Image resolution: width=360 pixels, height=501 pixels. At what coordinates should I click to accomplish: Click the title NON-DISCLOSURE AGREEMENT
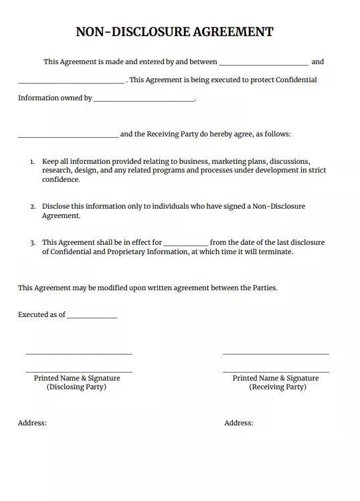pos(175,31)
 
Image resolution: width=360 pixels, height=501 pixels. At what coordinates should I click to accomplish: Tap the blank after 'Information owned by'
pos(144,100)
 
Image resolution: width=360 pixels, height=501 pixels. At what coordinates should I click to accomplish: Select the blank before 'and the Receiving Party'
pos(68,136)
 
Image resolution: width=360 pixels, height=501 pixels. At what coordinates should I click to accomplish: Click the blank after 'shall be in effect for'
pos(186,244)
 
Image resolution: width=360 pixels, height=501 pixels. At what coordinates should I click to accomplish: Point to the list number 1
pos(32,162)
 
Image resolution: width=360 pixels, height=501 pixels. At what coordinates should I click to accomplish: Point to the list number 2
pos(32,207)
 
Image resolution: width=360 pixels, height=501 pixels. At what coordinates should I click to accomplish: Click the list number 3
pos(32,243)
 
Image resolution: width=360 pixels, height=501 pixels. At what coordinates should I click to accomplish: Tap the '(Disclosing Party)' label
pos(76,387)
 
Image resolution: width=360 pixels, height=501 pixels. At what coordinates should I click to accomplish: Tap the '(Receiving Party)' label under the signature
pos(278,387)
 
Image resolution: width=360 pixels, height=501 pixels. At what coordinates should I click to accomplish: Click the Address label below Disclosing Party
pos(32,423)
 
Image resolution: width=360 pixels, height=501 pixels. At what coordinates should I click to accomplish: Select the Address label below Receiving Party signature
pos(239,423)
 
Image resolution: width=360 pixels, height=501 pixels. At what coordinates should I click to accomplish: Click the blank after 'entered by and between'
pos(264,64)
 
